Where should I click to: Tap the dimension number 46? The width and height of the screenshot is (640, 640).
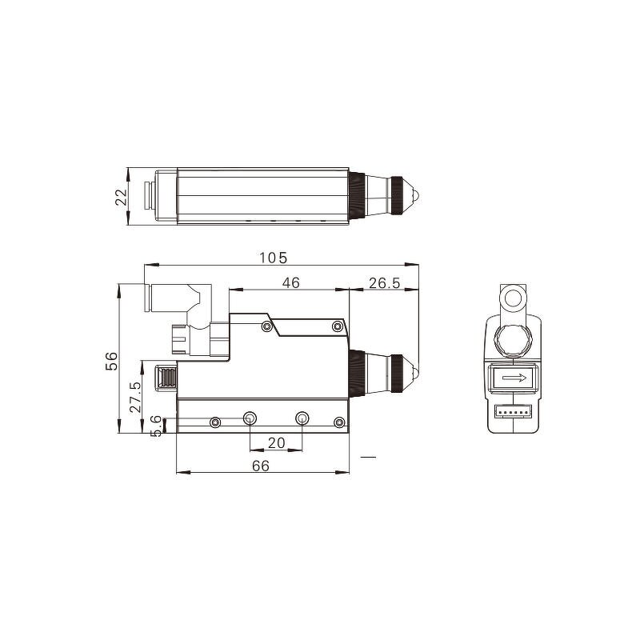[290, 282]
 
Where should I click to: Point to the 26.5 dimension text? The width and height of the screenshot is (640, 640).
[385, 282]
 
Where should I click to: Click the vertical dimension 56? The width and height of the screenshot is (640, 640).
[112, 361]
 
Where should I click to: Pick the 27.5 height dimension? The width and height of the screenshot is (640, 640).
[136, 397]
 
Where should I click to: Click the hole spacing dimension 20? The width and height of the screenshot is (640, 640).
[276, 442]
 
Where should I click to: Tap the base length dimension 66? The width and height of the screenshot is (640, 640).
[261, 465]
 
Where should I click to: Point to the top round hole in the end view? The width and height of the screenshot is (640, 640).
[512, 301]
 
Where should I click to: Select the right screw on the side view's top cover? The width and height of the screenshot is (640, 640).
[336, 326]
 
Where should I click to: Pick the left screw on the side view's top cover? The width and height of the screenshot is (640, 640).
[266, 326]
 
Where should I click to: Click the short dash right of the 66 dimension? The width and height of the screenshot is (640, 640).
[368, 457]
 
